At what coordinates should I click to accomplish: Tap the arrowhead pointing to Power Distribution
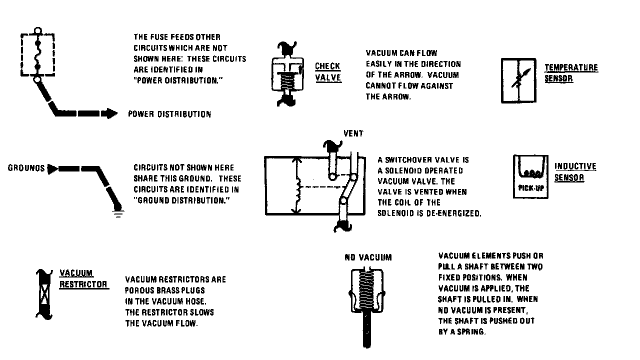[111, 114]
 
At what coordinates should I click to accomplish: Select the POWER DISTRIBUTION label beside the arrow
[169, 114]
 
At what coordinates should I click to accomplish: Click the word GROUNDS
[26, 168]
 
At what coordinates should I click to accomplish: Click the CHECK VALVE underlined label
[328, 72]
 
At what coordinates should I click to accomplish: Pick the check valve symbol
[286, 74]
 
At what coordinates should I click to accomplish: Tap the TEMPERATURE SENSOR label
[571, 72]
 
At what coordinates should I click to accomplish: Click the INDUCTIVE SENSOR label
[575, 171]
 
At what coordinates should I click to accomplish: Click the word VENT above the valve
[353, 133]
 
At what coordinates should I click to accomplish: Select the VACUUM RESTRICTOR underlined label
[83, 278]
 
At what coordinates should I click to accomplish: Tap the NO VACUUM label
[368, 257]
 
